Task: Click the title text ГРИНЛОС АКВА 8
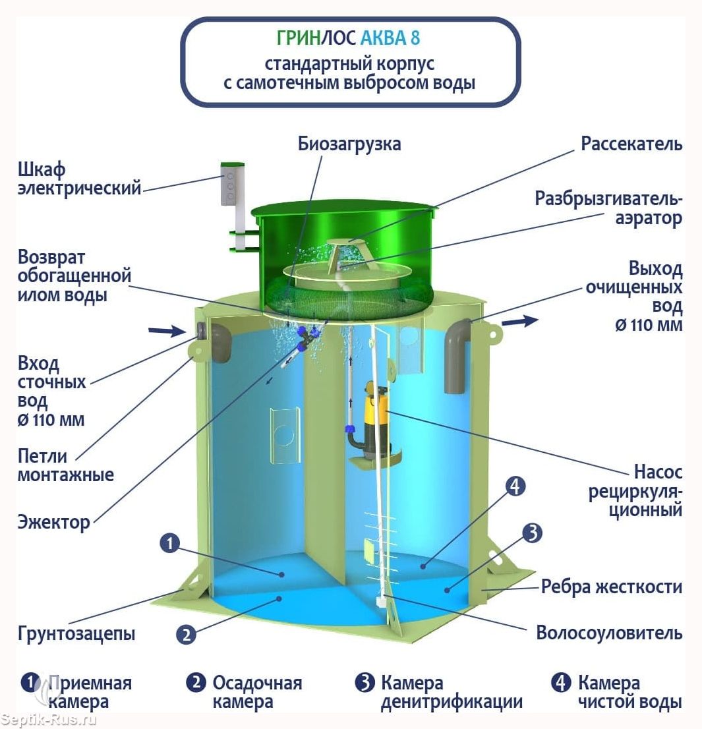point(348,38)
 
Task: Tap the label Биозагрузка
point(349,144)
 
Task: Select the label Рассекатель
point(631,144)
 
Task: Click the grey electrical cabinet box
point(229,185)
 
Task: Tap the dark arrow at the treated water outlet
point(520,321)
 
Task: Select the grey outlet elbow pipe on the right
point(457,354)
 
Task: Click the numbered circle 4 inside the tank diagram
point(515,487)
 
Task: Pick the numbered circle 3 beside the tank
point(533,533)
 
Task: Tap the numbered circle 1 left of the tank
point(169,542)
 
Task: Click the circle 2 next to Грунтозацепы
point(186,634)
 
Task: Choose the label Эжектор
point(54,523)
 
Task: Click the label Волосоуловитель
point(609,633)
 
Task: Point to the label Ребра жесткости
point(611,587)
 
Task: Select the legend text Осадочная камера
point(257,692)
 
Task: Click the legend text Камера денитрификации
point(452,692)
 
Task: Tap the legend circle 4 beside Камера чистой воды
point(561,682)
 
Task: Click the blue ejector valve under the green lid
point(306,337)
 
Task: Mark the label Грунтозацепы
point(76,633)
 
